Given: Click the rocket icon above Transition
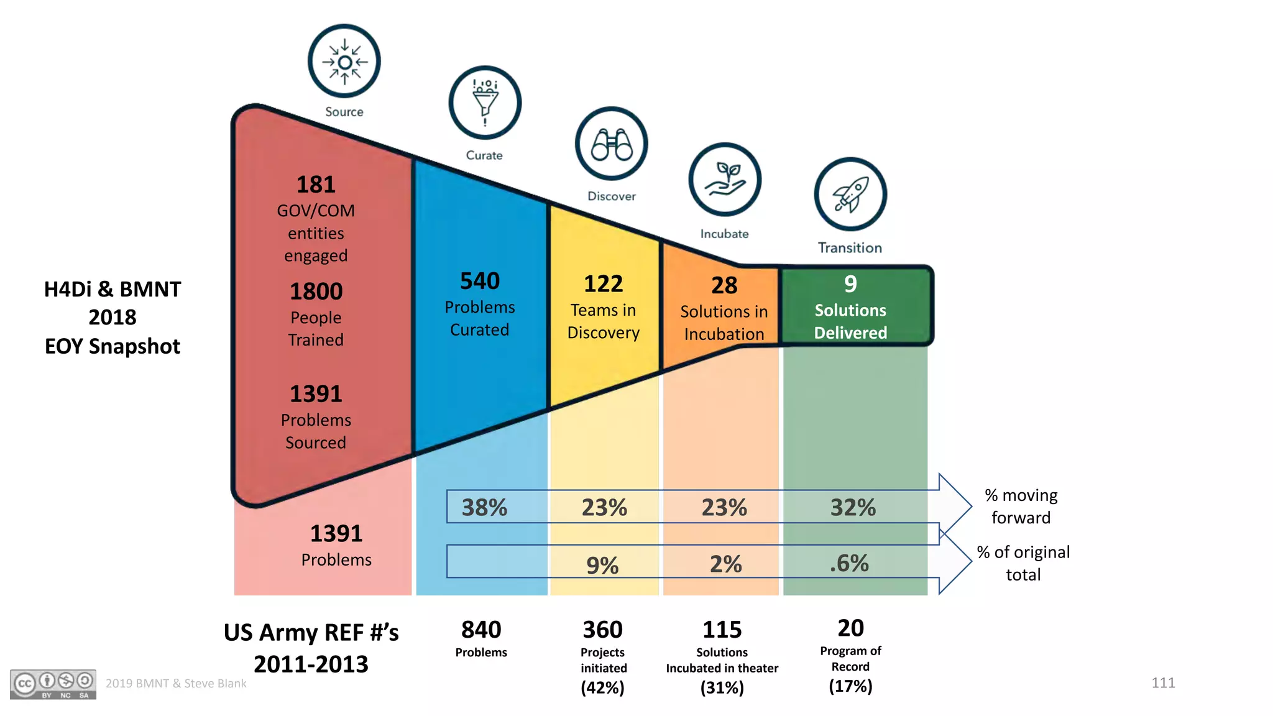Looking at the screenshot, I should coord(850,194).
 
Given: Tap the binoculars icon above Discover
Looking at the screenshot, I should coord(611,144).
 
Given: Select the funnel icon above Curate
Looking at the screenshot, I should coord(485,103).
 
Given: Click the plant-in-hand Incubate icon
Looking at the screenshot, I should coord(725,179).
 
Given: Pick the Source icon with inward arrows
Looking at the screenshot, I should coord(344,62).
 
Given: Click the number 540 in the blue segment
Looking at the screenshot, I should coord(480,281).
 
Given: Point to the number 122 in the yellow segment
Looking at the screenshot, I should coord(603,284).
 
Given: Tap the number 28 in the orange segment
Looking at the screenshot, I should coord(724,285).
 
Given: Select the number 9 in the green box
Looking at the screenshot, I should coord(850,284).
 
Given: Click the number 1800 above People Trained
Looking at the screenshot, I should coord(316,291).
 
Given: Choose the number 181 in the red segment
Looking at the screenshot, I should coord(316,185).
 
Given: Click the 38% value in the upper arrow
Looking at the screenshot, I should coord(484,508).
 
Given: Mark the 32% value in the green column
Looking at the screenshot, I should coord(853,508).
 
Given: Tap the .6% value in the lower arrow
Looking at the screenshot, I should coord(849,564).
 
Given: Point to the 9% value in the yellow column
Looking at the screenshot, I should coord(602,565).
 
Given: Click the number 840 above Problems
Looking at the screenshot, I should coord(481,630).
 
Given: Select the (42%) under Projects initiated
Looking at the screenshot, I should coord(602,688).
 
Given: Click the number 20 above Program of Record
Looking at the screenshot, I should coord(850,628).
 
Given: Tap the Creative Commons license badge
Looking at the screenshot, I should coord(53,684).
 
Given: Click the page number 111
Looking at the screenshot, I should coord(1162,683).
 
